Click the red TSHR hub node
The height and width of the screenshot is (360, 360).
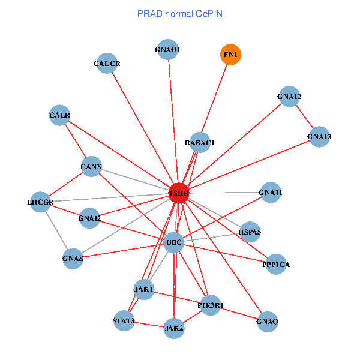[179, 193]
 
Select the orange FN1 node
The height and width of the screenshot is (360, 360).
[230, 55]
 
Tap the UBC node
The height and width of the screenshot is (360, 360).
[173, 242]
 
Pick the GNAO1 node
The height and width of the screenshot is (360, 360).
[167, 50]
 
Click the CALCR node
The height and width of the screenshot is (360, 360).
[107, 64]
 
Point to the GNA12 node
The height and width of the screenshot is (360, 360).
[289, 97]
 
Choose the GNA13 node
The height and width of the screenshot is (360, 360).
[319, 137]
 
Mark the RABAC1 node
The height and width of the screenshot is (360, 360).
[200, 142]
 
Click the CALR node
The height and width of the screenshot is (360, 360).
[60, 115]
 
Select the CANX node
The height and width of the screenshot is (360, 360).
[91, 166]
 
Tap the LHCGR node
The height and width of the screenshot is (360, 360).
[41, 202]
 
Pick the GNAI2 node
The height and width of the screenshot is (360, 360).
[89, 218]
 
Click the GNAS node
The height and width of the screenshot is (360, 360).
[73, 259]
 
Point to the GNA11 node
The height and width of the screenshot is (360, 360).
[271, 193]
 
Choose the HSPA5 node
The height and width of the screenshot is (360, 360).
[250, 231]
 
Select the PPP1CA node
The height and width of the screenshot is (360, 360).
[276, 264]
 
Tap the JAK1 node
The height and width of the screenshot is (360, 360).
[144, 289]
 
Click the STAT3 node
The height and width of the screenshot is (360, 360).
[124, 320]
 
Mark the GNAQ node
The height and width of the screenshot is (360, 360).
[267, 322]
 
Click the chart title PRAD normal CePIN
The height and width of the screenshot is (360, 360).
[180, 13]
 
